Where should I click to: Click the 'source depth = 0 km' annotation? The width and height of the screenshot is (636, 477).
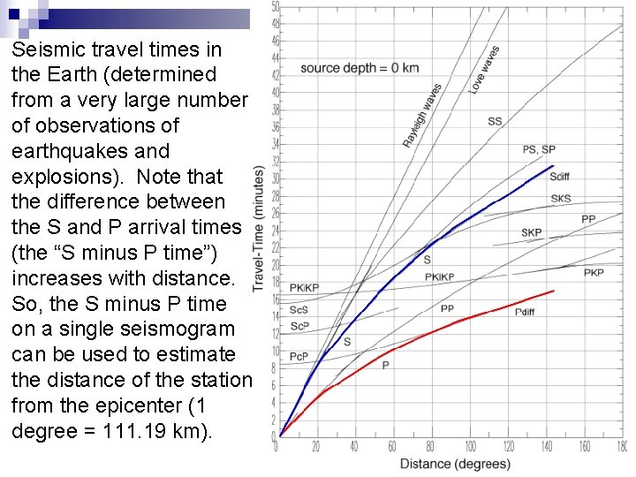(360, 68)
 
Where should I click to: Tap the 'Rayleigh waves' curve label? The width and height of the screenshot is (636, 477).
(422, 115)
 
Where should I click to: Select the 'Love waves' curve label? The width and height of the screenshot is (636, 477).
(484, 70)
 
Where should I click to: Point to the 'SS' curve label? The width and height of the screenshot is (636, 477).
(495, 121)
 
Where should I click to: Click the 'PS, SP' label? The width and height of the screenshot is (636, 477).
(539, 150)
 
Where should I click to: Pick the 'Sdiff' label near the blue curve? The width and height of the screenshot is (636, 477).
(559, 177)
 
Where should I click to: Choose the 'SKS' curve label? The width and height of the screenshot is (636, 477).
(561, 199)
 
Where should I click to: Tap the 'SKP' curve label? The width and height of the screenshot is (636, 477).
(531, 232)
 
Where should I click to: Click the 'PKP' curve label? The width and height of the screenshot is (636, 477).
(594, 273)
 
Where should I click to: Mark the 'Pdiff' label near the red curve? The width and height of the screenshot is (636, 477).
(525, 312)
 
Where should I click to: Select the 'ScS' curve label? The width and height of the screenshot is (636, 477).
(299, 310)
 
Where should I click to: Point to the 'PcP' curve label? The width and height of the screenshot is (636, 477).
(299, 356)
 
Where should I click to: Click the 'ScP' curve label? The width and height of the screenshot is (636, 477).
(299, 326)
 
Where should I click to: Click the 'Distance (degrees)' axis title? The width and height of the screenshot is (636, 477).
(455, 465)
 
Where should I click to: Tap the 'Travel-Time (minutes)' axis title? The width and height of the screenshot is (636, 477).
(260, 228)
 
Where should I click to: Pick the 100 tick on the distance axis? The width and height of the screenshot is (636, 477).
(471, 447)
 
